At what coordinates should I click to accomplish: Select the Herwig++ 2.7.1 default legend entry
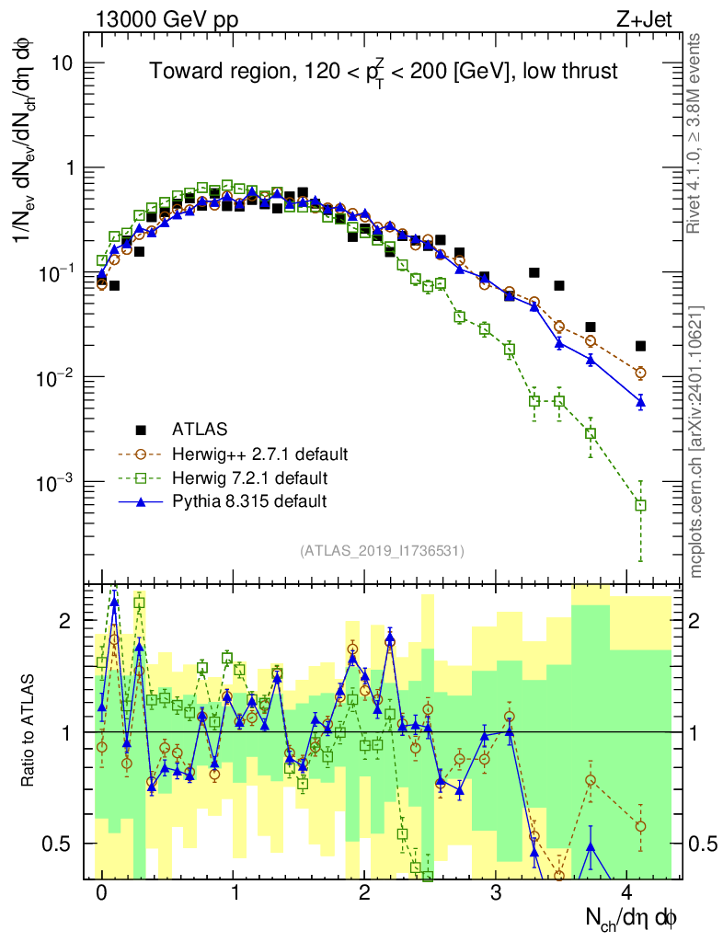(260, 454)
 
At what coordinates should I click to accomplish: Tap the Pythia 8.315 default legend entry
(248, 501)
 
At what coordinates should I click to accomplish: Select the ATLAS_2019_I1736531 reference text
(382, 551)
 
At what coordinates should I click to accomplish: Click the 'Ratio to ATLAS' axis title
(29, 731)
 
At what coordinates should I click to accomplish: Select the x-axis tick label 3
(497, 893)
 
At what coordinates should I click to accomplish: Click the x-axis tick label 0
(101, 893)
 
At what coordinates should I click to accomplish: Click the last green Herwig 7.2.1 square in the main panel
(640, 505)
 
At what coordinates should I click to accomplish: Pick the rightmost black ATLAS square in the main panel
(640, 346)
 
